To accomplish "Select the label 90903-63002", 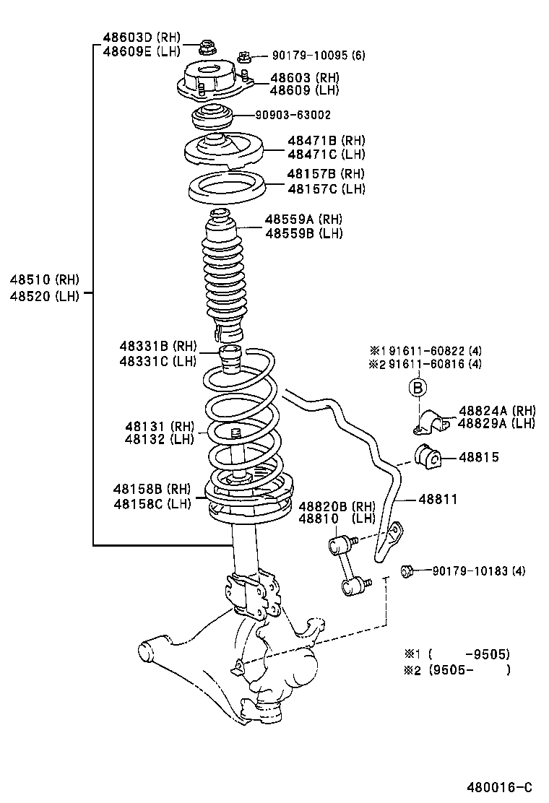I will coord(293,115).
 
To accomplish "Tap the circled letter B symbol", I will coord(418,389).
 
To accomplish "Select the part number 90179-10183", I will coord(470,571).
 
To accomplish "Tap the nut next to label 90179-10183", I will coord(407,570).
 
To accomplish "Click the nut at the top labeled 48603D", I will coord(204,49).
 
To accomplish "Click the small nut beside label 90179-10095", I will coord(243,55).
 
